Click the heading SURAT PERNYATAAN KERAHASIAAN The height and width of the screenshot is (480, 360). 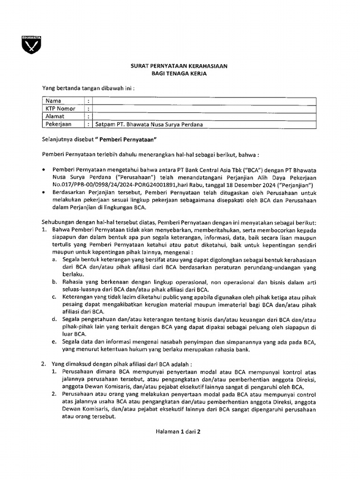179,67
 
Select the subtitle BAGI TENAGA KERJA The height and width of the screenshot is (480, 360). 179,74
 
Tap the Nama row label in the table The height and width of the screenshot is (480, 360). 53,101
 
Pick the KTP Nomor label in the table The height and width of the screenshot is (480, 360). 60,109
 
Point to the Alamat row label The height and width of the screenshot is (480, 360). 55,116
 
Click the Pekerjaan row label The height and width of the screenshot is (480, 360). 58,124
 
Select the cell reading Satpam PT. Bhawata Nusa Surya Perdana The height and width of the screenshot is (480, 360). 149,124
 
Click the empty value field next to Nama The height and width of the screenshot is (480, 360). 204,101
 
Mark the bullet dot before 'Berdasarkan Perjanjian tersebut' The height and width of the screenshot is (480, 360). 44,193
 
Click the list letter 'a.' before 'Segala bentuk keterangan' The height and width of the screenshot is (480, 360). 54,260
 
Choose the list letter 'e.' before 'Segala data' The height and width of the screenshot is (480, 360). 54,342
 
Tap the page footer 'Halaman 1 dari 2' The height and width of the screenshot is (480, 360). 178,432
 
